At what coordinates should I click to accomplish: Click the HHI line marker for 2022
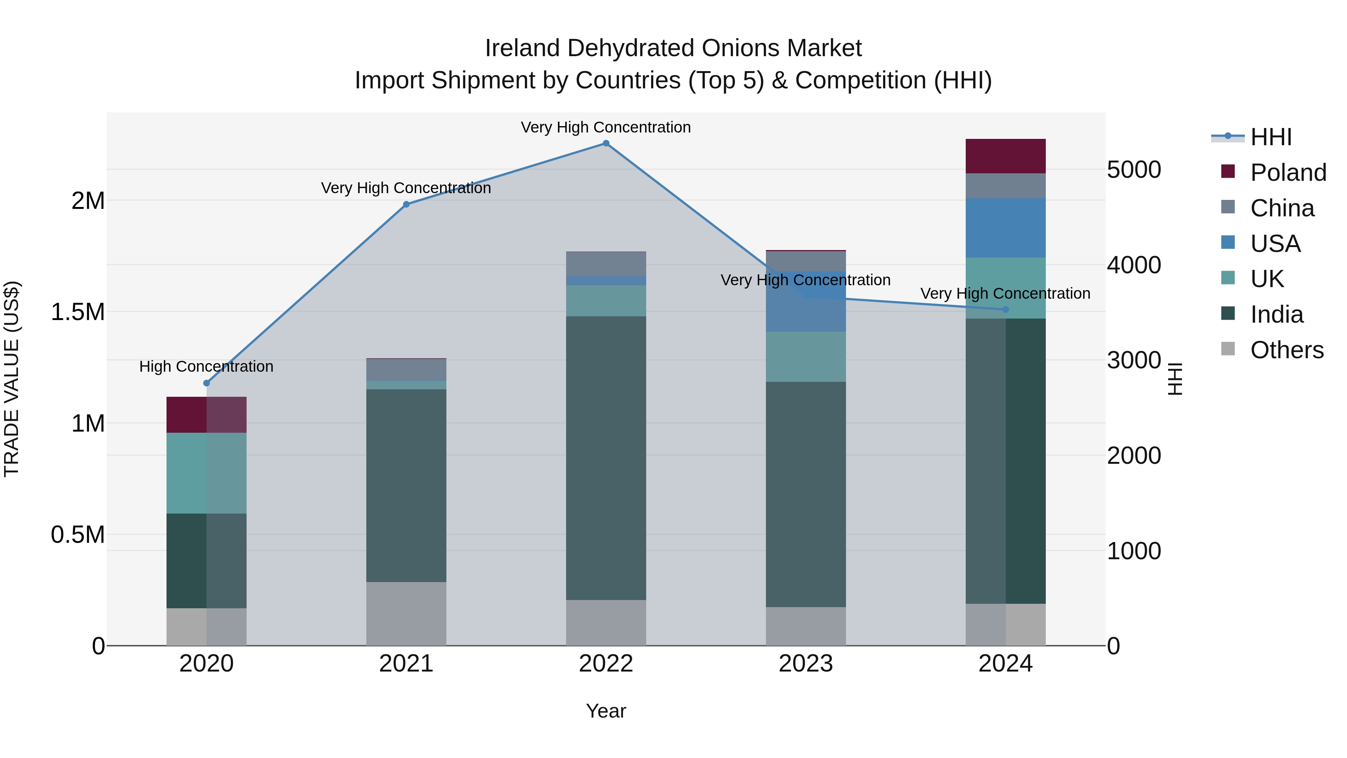[606, 143]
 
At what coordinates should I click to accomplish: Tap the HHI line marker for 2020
[207, 383]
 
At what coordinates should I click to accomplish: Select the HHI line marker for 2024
[1005, 310]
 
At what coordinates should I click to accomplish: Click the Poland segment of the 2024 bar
[1005, 156]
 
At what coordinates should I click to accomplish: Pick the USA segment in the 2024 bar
[1005, 228]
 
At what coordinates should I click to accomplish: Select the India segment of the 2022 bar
[606, 458]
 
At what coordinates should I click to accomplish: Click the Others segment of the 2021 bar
[406, 613]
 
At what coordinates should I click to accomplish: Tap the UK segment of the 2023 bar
[806, 356]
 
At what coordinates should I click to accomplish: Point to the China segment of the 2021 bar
[406, 369]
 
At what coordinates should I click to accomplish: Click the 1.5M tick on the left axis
[77, 312]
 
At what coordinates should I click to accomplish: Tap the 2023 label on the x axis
[806, 664]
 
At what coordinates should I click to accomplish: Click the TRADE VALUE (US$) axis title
[12, 379]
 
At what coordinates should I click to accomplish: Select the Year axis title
[606, 711]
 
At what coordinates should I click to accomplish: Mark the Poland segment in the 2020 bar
[207, 414]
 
